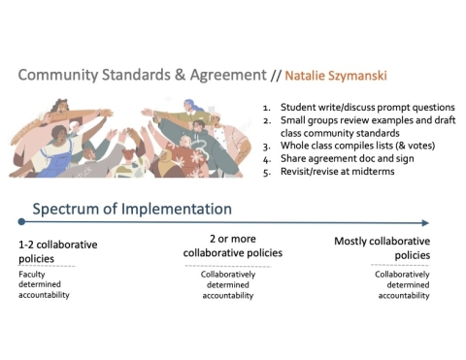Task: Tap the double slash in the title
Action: point(277,75)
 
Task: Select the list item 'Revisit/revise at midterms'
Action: point(343,170)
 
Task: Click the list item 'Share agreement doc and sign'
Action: point(348,157)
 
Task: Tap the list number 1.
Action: point(266,107)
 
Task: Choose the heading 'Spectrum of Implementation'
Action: point(132,209)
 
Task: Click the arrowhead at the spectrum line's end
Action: point(426,222)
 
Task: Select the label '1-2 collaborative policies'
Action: point(58,251)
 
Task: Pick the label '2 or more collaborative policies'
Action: point(233,245)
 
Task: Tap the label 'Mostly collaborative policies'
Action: point(382,247)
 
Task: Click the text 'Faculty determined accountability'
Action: point(45,284)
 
